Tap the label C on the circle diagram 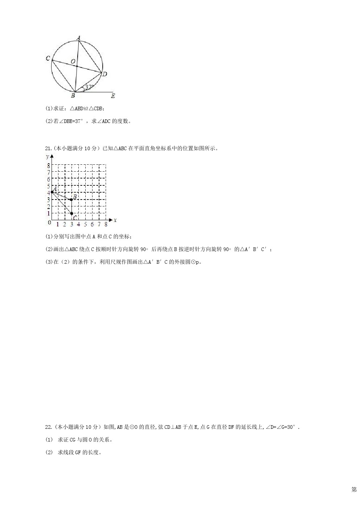(48, 58)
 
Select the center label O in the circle (73, 62)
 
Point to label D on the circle (105, 74)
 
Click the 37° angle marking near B (89, 87)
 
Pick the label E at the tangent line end (113, 96)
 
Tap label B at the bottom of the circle (73, 96)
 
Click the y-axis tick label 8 (49, 165)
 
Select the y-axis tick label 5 (49, 186)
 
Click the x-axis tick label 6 (92, 225)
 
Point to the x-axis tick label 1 (58, 225)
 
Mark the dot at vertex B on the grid (71, 200)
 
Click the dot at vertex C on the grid (71, 213)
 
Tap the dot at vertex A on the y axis (52, 192)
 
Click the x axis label (115, 220)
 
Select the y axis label (48, 156)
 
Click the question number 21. (48, 148)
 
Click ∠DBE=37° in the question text (68, 121)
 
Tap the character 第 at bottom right (354, 490)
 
